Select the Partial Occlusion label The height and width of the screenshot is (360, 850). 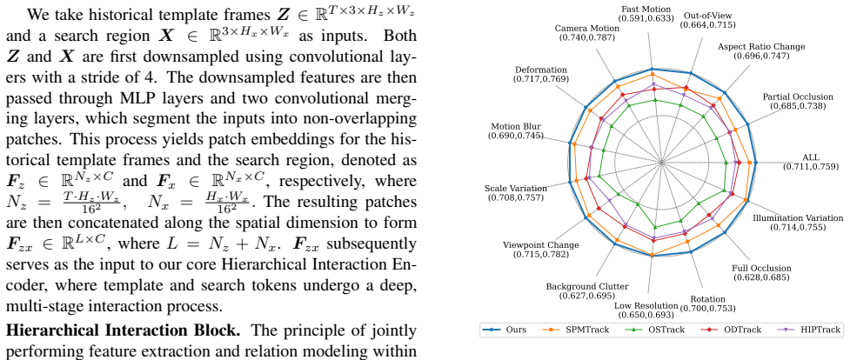[x=798, y=97]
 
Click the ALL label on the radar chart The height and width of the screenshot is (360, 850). [x=811, y=157]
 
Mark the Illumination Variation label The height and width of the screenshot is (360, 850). [x=798, y=218]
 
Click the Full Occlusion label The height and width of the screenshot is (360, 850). [x=761, y=269]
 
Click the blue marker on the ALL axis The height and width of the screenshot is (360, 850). [x=756, y=162]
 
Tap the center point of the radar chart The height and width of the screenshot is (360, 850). [x=661, y=162]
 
